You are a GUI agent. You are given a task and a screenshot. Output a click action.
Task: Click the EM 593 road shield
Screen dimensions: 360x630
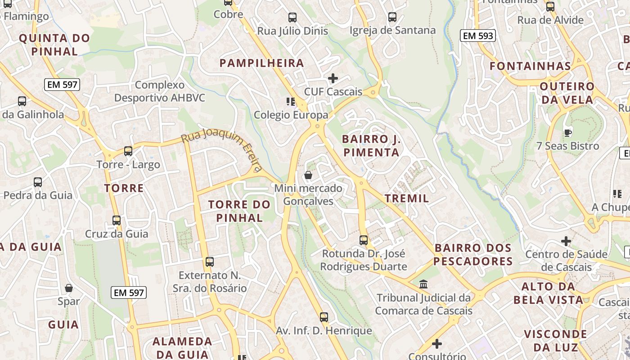point(477,36)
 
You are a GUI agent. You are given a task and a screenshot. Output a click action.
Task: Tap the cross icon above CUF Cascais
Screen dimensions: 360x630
point(333,78)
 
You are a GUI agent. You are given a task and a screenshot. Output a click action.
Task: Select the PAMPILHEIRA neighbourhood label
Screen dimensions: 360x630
point(262,63)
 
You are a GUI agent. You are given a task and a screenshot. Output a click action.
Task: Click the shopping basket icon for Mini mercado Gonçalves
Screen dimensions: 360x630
point(308,175)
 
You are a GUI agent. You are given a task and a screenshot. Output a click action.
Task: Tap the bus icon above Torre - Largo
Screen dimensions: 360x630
point(128,151)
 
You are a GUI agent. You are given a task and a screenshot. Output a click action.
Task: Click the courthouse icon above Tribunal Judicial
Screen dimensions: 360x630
point(423,284)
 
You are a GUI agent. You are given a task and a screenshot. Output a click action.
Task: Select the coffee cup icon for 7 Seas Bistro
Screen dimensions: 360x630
point(567,132)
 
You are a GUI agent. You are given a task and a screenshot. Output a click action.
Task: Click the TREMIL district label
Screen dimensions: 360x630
point(407,198)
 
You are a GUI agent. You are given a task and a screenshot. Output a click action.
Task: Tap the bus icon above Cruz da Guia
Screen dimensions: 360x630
point(117,220)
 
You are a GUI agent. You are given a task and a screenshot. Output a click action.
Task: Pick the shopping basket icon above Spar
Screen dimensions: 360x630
point(69,288)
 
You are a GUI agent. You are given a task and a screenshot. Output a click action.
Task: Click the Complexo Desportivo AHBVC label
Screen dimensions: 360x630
point(160,91)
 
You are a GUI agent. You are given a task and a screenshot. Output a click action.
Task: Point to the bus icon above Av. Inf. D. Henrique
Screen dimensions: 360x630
point(324,317)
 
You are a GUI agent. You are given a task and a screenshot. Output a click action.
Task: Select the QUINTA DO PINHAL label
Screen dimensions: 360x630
point(55,45)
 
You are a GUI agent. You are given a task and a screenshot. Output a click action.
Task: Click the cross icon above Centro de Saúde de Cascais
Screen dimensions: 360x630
point(566,241)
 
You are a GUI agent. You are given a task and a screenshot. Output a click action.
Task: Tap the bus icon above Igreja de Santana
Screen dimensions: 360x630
point(392,17)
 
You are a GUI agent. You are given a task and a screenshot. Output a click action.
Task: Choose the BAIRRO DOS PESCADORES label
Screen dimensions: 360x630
point(473,254)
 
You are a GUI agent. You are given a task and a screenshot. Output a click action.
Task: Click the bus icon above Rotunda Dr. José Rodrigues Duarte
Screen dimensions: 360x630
point(364,240)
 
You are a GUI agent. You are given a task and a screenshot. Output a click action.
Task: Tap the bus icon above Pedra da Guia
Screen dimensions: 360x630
point(38,182)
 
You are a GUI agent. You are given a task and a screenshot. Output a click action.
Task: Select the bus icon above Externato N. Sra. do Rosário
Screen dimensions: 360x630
point(210,262)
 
